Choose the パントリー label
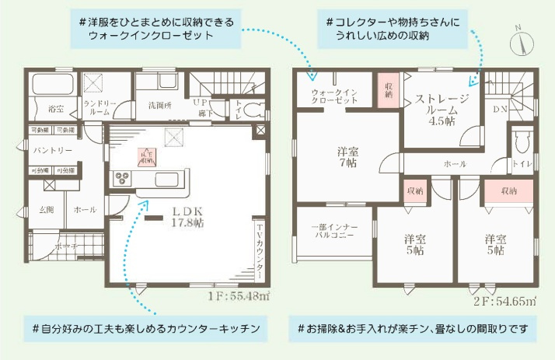52,149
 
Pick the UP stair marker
201,102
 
